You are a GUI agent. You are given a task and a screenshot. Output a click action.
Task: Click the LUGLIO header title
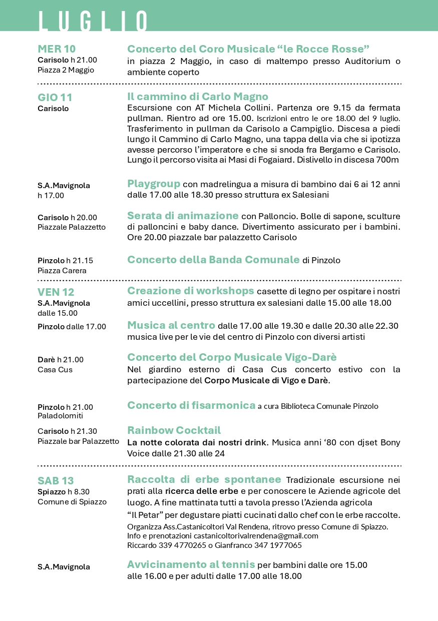[x=93, y=21]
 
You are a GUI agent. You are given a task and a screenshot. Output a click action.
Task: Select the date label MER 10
[x=57, y=49]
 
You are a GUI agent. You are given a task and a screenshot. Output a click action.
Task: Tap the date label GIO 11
[x=55, y=97]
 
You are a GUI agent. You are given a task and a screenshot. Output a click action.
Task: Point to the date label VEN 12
[x=56, y=292]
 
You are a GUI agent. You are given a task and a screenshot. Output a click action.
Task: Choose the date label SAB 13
[x=56, y=481]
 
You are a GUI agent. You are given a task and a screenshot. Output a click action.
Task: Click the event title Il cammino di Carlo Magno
[x=198, y=97]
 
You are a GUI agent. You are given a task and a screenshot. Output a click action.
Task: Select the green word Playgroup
[x=153, y=184]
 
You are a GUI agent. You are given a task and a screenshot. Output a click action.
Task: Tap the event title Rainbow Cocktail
[x=174, y=430]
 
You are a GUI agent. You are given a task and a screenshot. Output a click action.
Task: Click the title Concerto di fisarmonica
[x=191, y=405]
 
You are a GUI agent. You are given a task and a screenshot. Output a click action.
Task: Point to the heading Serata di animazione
[x=183, y=216]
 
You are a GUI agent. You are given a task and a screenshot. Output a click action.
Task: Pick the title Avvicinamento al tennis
[x=191, y=564]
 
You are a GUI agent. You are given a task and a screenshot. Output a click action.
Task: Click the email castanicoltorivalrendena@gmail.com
[x=260, y=536]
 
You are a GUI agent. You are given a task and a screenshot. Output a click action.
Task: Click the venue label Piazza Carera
[x=62, y=271]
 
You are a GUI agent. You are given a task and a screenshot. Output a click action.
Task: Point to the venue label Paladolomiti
[x=60, y=416]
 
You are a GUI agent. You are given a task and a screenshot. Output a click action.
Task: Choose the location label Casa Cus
[x=55, y=370]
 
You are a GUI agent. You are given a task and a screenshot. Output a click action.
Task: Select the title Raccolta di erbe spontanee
[x=204, y=479]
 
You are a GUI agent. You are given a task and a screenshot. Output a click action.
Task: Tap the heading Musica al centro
[x=171, y=325]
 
